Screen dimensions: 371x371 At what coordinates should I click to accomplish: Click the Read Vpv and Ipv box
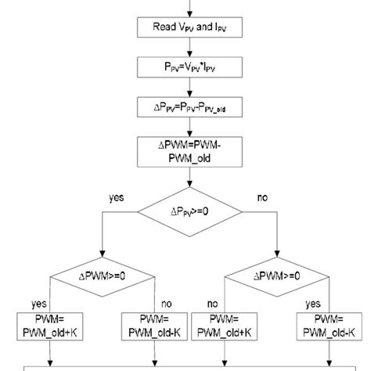click(185, 30)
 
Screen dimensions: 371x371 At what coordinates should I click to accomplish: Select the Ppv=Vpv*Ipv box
click(185, 68)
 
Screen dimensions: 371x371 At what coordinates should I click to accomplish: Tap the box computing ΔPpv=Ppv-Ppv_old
click(185, 106)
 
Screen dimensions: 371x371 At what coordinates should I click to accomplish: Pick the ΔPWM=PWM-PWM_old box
click(185, 151)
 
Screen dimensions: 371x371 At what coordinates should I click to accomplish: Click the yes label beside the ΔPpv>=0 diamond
click(115, 199)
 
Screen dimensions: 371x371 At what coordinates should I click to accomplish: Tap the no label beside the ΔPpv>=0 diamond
click(262, 199)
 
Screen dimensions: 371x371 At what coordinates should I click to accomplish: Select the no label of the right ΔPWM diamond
click(214, 302)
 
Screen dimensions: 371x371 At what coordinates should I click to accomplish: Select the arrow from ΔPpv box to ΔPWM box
click(185, 128)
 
